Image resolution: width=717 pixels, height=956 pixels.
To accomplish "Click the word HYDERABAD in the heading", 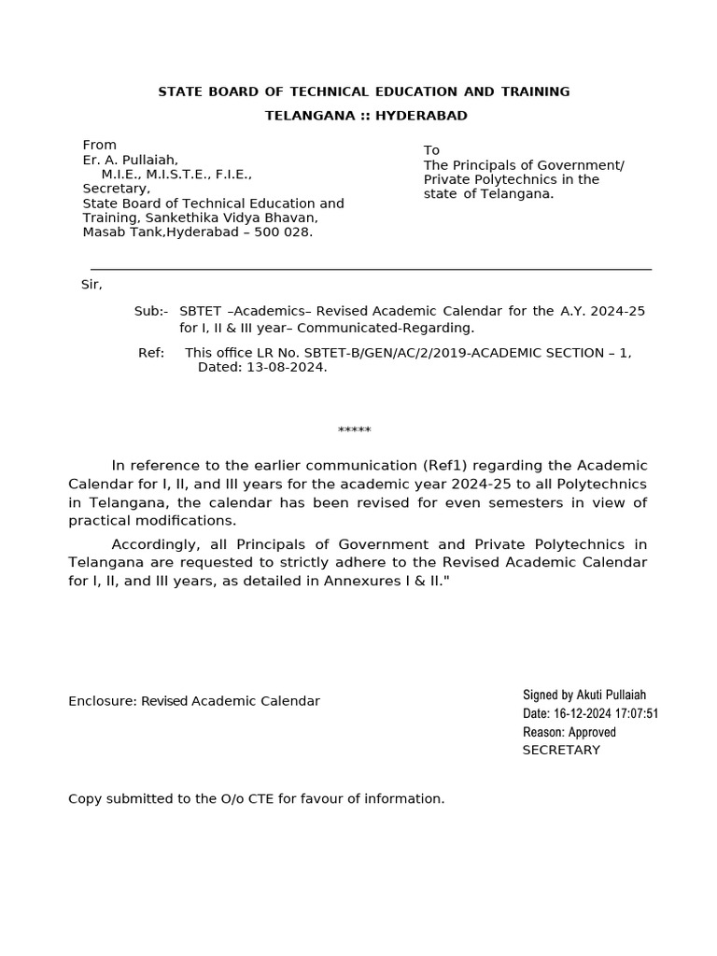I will (x=421, y=116).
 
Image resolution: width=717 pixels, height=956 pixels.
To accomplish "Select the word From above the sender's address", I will (x=100, y=145).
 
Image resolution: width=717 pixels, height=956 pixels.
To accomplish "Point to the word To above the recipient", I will (x=431, y=150).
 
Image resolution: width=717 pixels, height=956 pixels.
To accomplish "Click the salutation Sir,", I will (x=91, y=284).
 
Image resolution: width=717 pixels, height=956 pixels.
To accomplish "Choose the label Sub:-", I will (x=151, y=310).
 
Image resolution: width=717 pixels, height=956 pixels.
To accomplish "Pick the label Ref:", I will (x=151, y=353).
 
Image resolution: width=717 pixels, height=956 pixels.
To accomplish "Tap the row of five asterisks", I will (x=354, y=430).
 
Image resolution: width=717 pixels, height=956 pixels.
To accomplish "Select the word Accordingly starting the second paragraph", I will (x=158, y=544).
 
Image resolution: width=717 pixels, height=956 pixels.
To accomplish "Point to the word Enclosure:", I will (x=102, y=701).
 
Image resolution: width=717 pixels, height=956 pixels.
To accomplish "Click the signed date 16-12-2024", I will (x=583, y=713).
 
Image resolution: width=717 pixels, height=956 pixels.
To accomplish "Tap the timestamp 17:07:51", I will (x=637, y=713).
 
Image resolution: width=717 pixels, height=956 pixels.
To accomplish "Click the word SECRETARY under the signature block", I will (x=561, y=750).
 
